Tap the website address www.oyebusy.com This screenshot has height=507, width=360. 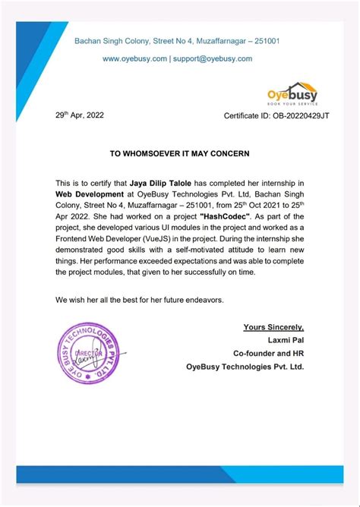pos(134,58)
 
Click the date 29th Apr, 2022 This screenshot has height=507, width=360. pos(79,115)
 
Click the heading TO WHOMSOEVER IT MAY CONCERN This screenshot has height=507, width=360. pos(179,153)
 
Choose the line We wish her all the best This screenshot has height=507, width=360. pos(140,300)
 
